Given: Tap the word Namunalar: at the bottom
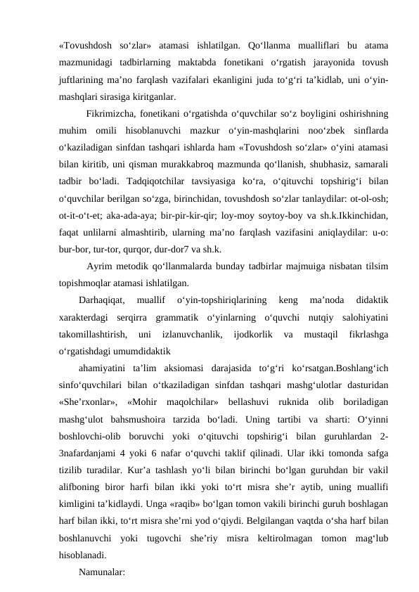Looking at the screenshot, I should [102, 573].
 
